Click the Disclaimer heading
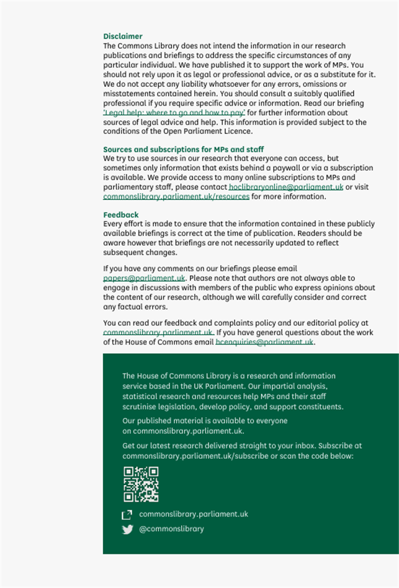(x=123, y=37)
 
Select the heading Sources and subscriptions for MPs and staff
(x=184, y=150)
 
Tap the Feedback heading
(x=121, y=215)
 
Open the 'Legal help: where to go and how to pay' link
(x=174, y=113)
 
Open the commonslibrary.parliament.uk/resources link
(x=176, y=196)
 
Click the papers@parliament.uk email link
(x=144, y=278)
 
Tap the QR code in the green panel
(x=141, y=484)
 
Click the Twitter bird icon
(x=128, y=530)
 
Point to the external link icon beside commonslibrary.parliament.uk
(x=127, y=515)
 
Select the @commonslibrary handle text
(x=171, y=529)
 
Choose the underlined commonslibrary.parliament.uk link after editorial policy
(x=158, y=333)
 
